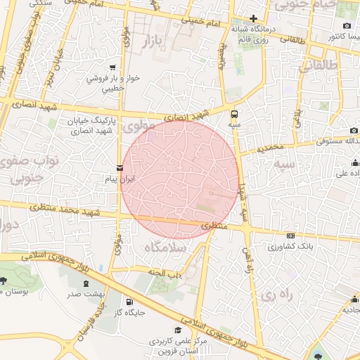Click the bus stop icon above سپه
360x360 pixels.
coord(234,112)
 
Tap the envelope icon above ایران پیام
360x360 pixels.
coord(119,168)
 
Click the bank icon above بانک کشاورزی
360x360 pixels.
coord(291,236)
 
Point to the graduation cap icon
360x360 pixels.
coord(178,329)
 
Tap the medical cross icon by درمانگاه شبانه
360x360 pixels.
coord(254,18)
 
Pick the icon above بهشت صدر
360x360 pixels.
coord(86,283)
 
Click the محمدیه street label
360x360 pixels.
coord(270,148)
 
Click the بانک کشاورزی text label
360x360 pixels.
coord(290,247)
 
